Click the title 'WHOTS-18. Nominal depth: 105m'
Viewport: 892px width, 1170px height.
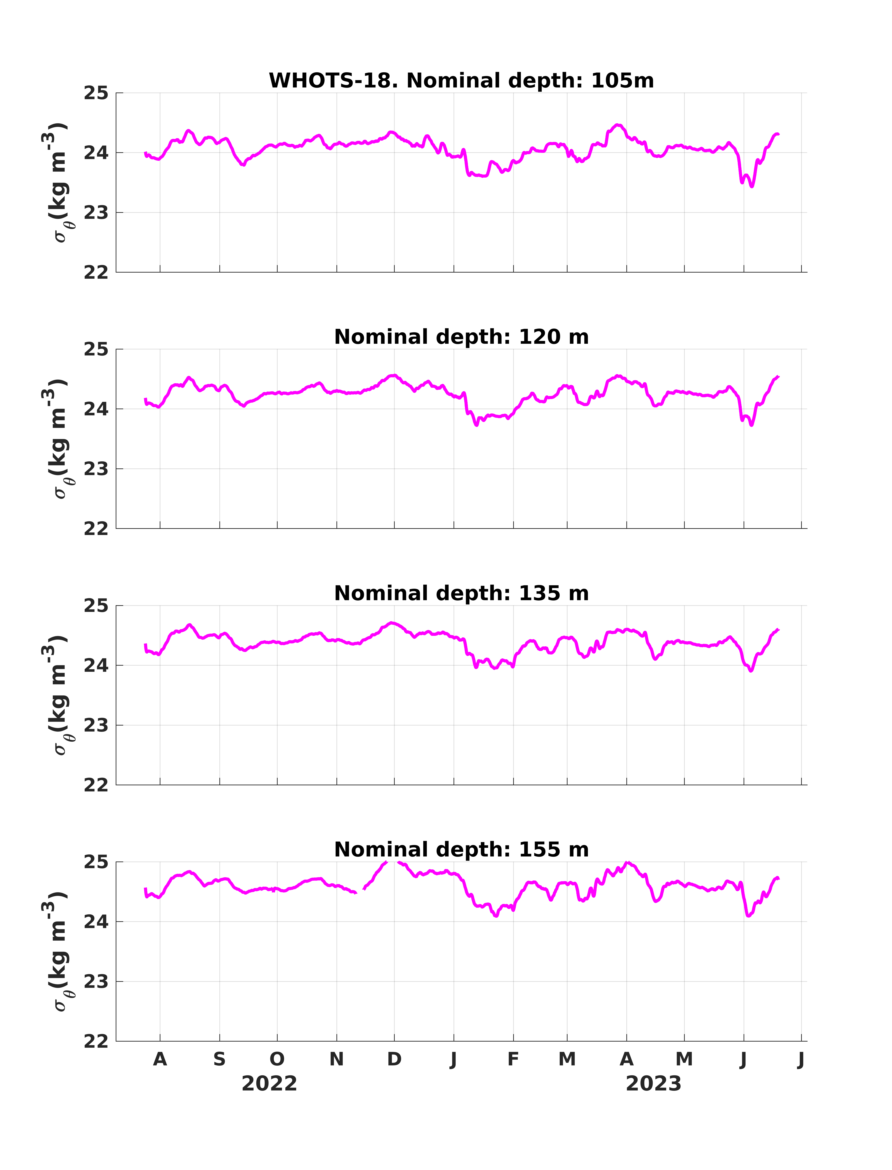461,81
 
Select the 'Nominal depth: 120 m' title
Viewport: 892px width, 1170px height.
461,337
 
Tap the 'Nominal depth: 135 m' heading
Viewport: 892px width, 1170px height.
461,593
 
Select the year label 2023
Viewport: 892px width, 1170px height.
654,1084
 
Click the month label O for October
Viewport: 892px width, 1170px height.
277,1059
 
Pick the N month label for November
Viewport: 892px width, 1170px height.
337,1059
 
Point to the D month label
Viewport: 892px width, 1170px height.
394,1059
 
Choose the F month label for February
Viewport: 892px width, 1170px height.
513,1059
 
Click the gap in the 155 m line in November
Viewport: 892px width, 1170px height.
360,891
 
